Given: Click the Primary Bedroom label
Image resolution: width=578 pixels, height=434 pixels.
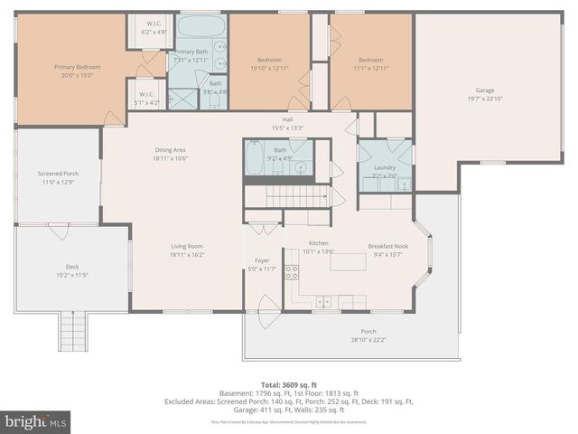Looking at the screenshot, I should coord(77,67).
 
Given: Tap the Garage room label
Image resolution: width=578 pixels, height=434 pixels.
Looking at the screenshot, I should coord(485,90).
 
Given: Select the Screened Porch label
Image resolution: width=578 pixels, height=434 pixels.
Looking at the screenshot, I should coord(58,174).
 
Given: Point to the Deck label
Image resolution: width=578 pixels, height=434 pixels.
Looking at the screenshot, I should coord(71,268).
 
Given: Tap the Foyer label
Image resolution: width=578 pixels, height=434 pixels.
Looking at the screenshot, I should coord(262,260).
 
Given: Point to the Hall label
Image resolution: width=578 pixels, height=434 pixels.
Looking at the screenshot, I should coord(287,118).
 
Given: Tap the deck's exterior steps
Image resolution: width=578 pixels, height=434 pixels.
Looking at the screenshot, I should coord(72,330).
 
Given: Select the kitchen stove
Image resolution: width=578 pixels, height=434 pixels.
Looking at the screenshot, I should coord(292,270).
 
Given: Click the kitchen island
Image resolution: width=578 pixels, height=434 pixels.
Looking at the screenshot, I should coord(347,262).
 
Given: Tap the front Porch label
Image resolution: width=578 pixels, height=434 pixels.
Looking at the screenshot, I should coord(368,332).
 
